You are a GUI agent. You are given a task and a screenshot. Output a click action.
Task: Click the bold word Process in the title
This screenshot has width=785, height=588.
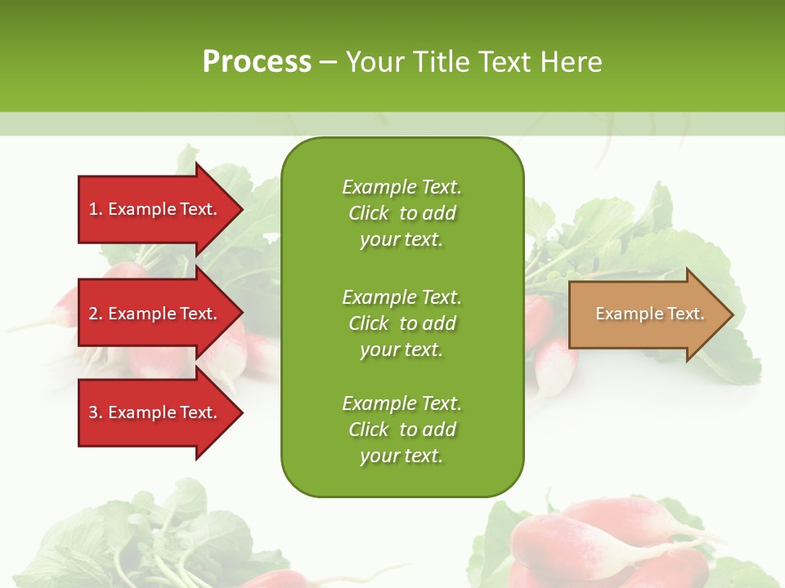click(x=257, y=62)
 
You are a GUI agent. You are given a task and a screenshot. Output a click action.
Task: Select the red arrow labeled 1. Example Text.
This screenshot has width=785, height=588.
click(x=155, y=209)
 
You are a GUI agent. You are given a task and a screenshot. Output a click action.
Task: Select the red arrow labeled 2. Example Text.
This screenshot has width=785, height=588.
click(x=155, y=314)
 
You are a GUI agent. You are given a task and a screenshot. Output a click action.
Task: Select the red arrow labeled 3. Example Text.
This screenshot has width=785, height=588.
click(x=155, y=412)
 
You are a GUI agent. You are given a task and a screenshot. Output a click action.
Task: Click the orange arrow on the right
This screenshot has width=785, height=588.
click(x=646, y=314)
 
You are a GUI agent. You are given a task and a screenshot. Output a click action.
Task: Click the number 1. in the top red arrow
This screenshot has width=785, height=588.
click(x=96, y=209)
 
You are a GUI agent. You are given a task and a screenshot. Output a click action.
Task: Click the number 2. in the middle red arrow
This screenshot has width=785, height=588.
click(x=96, y=314)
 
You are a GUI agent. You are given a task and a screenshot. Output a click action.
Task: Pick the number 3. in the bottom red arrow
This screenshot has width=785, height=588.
click(x=96, y=412)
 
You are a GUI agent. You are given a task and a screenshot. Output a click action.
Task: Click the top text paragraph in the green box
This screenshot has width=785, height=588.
click(x=401, y=213)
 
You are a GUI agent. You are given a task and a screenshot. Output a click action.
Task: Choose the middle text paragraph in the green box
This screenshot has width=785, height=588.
click(x=401, y=323)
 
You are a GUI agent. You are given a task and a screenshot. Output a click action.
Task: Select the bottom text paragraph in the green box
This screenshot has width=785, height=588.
click(x=401, y=430)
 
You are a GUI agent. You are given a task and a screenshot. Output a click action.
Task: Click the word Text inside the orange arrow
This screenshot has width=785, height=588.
click(x=686, y=314)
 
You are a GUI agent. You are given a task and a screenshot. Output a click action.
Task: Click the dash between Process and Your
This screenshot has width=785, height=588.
click(x=328, y=63)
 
